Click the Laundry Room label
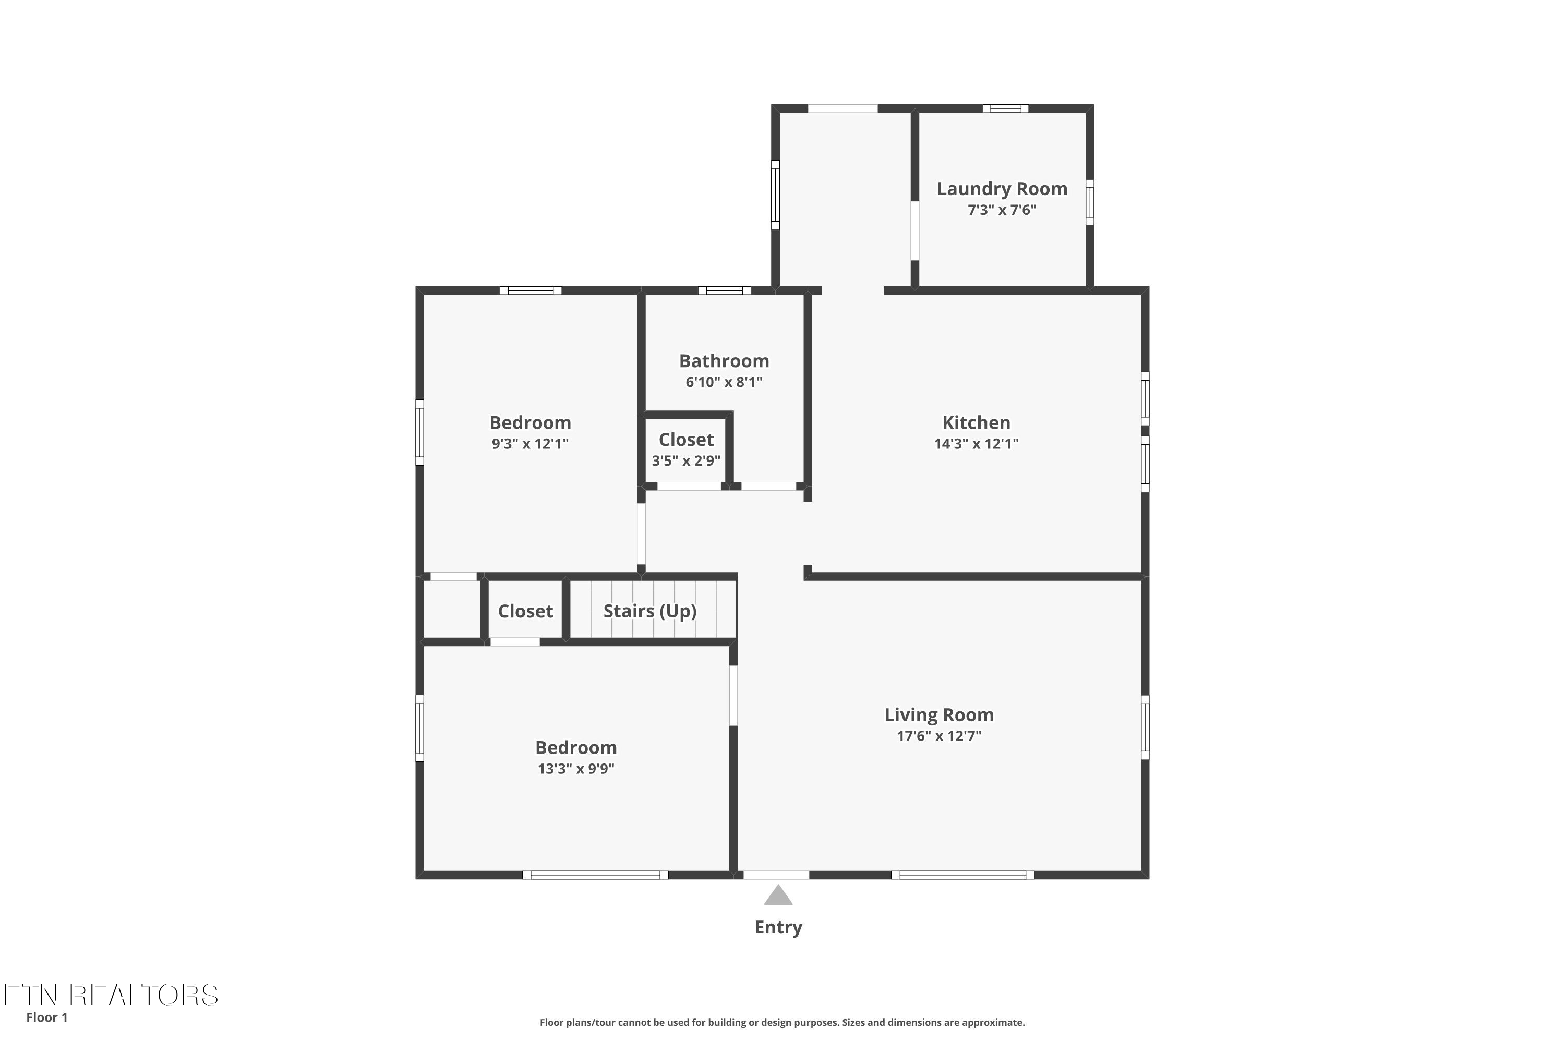click(1002, 189)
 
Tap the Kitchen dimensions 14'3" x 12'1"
click(976, 444)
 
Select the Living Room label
click(939, 714)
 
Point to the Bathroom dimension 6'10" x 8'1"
click(724, 382)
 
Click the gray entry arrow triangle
click(778, 895)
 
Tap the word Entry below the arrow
click(778, 927)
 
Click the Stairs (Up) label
click(650, 611)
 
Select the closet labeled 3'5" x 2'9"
click(686, 449)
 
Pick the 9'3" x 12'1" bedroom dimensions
click(531, 444)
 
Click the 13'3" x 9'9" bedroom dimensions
click(576, 768)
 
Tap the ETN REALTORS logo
click(111, 995)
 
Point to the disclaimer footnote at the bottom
click(782, 1022)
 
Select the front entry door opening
click(776, 875)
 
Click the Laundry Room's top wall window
click(1005, 108)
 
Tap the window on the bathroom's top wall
click(725, 290)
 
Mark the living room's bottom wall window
click(963, 875)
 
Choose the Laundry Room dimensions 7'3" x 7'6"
click(1002, 210)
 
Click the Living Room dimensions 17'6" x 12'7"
click(939, 736)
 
